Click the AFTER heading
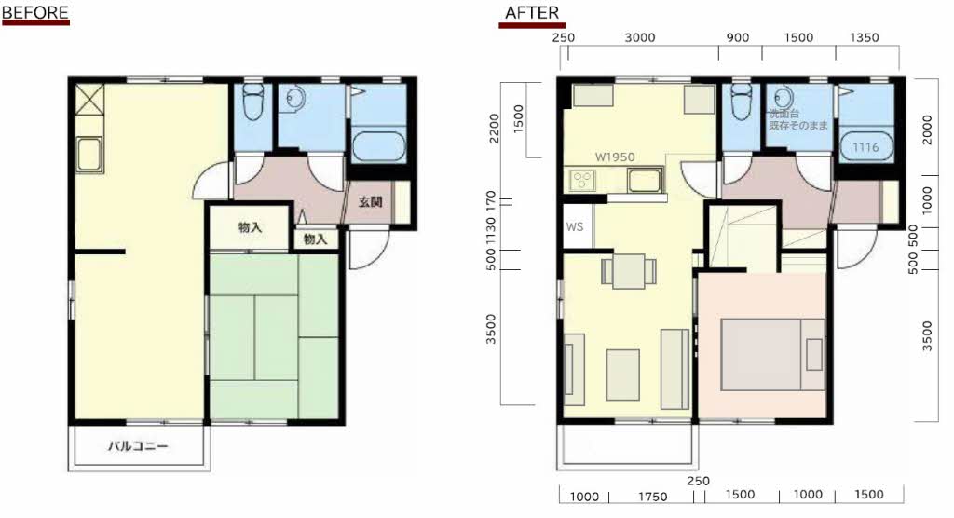[532, 13]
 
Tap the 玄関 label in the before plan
[370, 201]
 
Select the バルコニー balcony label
[138, 446]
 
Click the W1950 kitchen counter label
[615, 157]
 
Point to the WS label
[574, 226]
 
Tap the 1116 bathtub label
[865, 147]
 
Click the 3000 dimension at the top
[640, 38]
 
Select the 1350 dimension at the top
[864, 38]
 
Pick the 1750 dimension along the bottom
[652, 497]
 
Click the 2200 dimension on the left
[494, 129]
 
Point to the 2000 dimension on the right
[927, 129]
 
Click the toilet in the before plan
[252, 102]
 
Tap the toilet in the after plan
[742, 102]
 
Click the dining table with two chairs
[629, 271]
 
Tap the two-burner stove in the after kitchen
[582, 181]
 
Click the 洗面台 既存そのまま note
[797, 119]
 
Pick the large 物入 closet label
[250, 227]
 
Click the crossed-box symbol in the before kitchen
[89, 99]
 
